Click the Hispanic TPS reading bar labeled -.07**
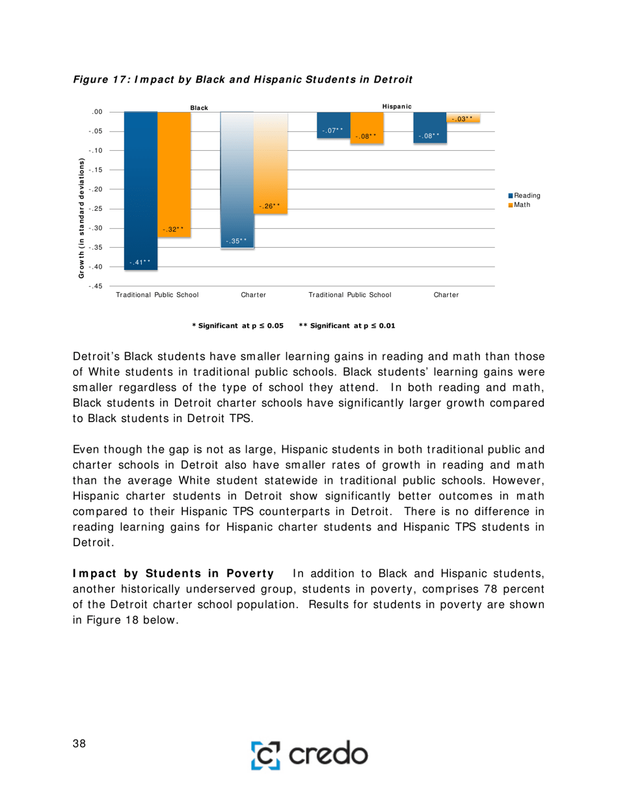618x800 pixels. tap(333, 124)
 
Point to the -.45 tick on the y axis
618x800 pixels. tap(96, 286)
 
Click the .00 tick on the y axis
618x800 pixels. tap(98, 112)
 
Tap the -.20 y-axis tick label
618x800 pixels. tap(96, 189)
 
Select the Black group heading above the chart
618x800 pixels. tap(199, 107)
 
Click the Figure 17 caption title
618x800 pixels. tap(243, 79)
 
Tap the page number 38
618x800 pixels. tap(79, 744)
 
